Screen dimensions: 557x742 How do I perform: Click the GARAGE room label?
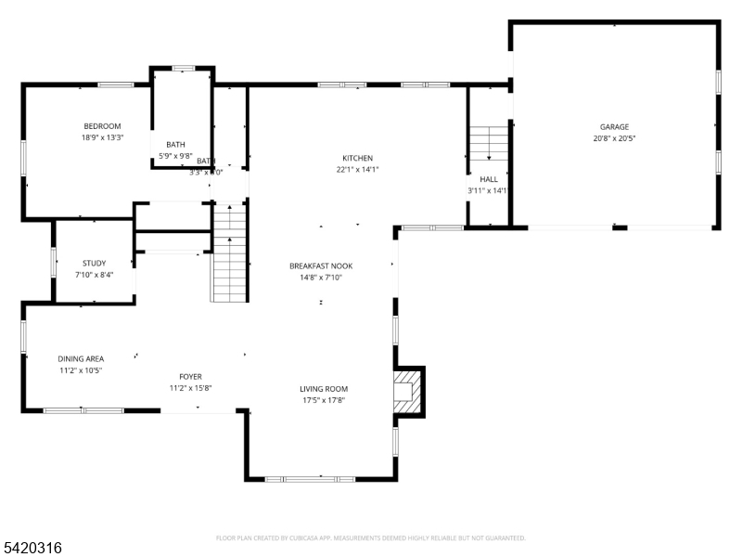614,127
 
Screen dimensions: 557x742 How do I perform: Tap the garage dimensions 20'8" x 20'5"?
614,138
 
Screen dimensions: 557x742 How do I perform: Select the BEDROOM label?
102,126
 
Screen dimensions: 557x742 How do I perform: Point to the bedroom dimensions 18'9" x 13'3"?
102,137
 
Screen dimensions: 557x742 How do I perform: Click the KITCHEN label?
357,158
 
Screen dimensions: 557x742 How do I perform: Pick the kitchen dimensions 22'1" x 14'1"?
357,169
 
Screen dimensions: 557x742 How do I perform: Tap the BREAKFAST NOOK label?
321,266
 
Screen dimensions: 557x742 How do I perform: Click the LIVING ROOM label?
323,389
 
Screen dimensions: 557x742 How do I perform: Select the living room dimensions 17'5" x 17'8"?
323,400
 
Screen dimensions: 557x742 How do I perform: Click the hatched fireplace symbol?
405,391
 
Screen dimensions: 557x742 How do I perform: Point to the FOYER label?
190,377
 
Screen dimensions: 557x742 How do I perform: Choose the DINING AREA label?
81,358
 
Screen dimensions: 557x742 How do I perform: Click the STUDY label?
94,263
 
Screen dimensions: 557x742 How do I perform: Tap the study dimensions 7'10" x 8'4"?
94,274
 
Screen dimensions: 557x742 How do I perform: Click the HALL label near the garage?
488,179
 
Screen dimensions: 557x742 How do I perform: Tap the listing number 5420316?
32,549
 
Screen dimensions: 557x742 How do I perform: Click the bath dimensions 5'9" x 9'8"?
175,155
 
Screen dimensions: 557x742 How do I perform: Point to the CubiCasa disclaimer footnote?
371,538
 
